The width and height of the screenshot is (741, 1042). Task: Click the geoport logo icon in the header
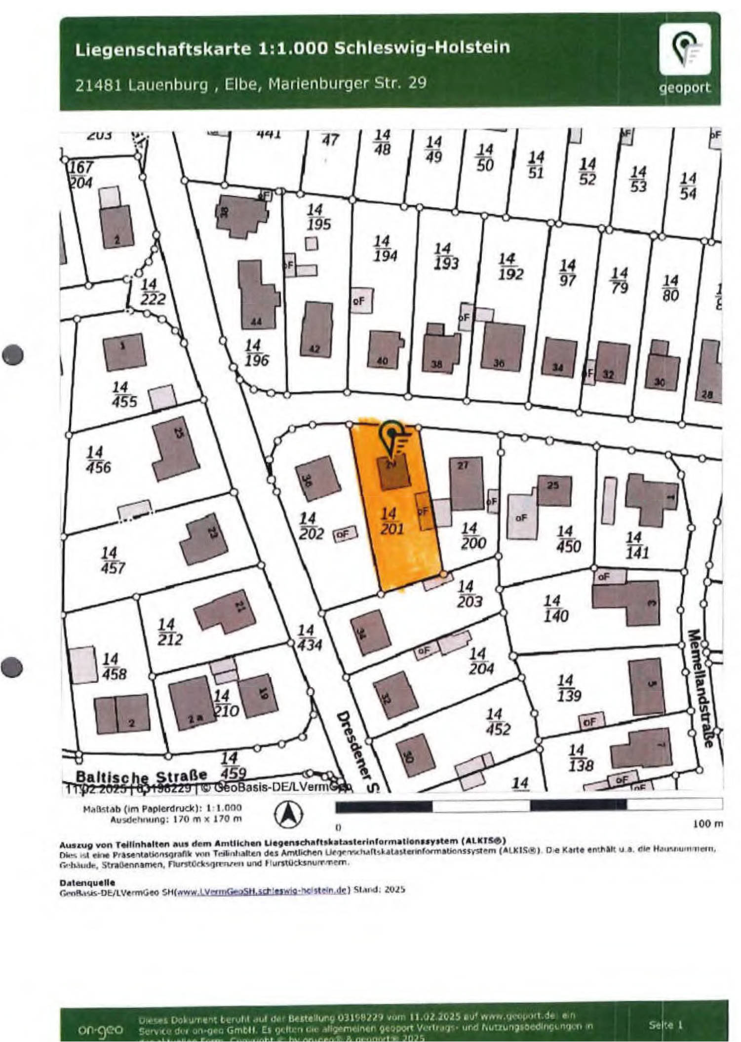tap(685, 49)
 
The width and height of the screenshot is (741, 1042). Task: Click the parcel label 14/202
tap(311, 526)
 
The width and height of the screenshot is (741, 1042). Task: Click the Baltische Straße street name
tap(142, 775)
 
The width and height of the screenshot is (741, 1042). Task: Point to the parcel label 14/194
tap(384, 248)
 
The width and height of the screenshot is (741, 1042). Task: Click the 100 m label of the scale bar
tap(707, 823)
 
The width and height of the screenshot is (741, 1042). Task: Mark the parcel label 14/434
tap(309, 637)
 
